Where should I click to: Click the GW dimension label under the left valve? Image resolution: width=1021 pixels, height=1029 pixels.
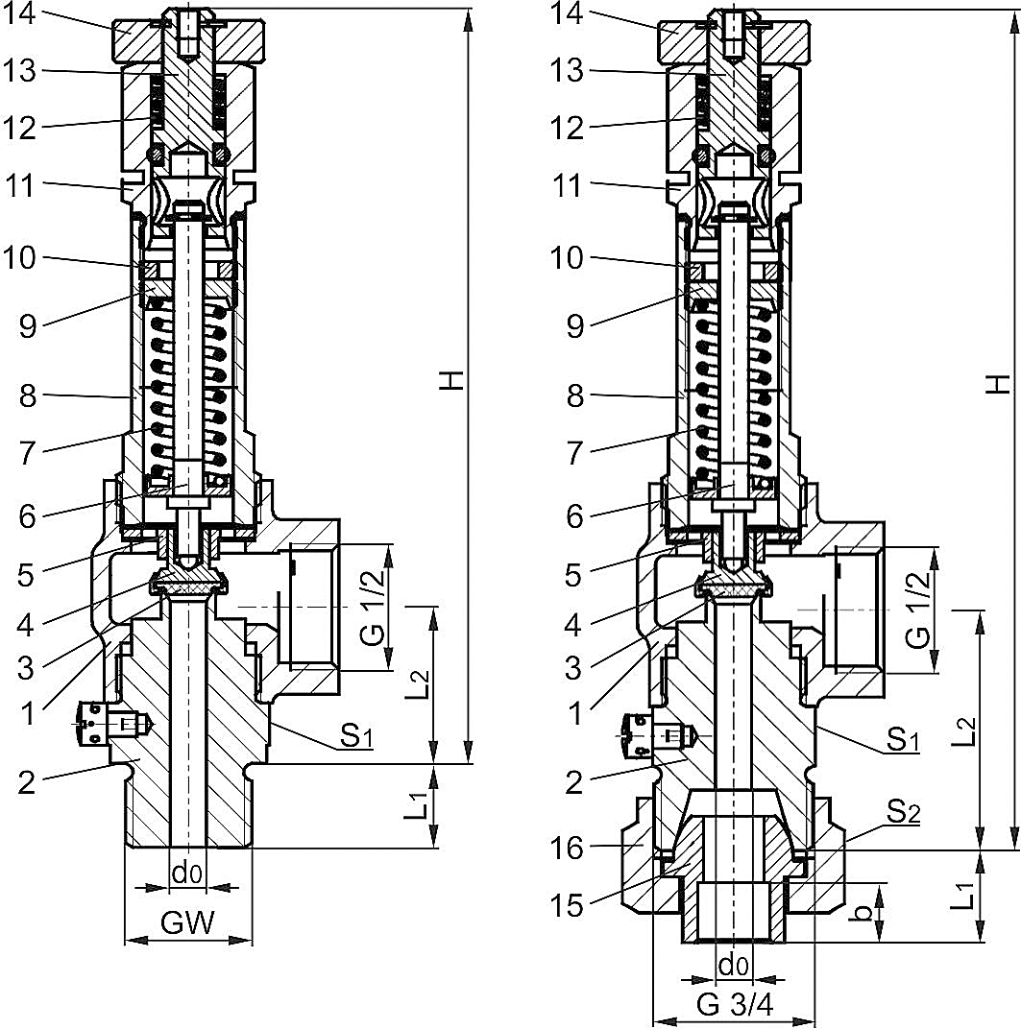pyautogui.click(x=187, y=923)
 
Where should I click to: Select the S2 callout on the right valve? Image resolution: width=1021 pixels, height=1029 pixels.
pyautogui.click(x=903, y=814)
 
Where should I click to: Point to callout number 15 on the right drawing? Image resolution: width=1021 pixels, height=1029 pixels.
pyautogui.click(x=575, y=904)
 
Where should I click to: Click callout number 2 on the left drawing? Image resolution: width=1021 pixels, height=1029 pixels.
pyautogui.click(x=29, y=782)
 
